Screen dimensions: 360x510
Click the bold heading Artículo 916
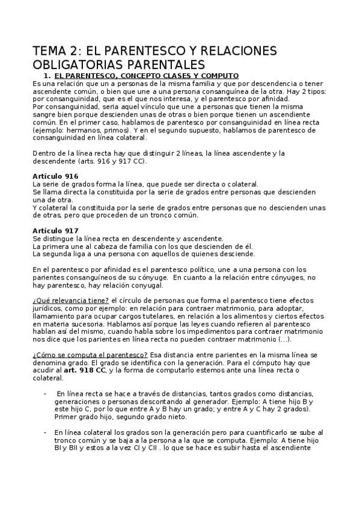coord(55,175)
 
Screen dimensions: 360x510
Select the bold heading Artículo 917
coord(55,230)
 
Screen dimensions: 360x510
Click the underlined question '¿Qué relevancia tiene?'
coord(70,300)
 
